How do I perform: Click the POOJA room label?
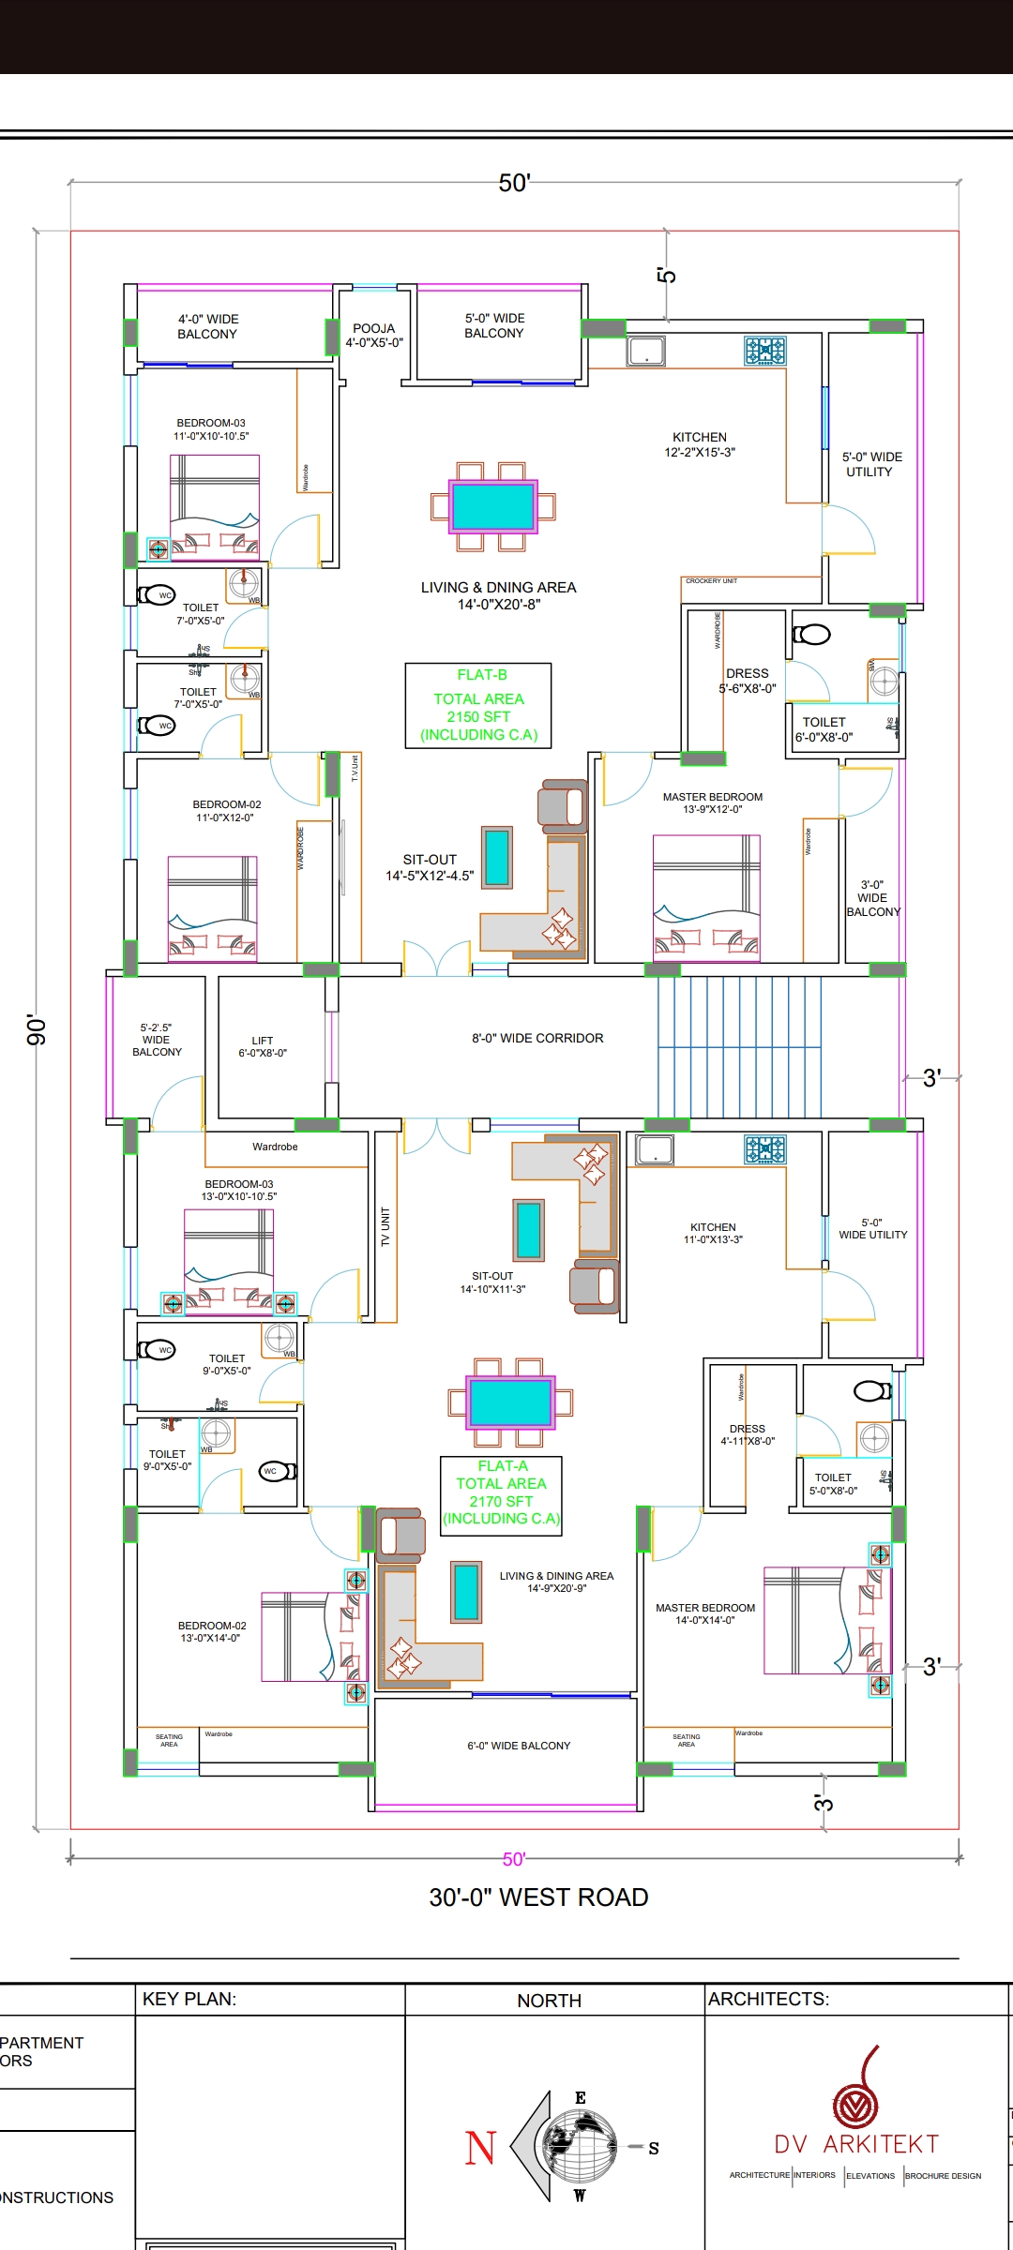(x=373, y=336)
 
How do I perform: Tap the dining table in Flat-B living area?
(x=492, y=506)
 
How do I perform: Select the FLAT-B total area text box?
(x=478, y=706)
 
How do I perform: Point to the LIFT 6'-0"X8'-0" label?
(x=263, y=1047)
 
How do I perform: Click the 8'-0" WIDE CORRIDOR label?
(x=537, y=1039)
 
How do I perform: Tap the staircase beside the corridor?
(x=739, y=1047)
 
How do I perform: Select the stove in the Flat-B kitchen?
(x=765, y=352)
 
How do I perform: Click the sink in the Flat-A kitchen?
(x=654, y=1149)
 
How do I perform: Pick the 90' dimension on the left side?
(x=36, y=1028)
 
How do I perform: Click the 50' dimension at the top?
(x=514, y=183)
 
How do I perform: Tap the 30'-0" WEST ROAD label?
(x=538, y=1897)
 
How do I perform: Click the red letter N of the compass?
(x=480, y=2147)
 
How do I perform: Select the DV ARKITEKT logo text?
(x=855, y=2144)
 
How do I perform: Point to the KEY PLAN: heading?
(x=189, y=2000)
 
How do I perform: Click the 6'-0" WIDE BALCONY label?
(x=519, y=1746)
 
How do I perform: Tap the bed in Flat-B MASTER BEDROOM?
(x=706, y=897)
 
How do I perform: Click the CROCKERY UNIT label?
(x=711, y=581)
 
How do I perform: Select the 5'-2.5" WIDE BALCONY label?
(x=157, y=1040)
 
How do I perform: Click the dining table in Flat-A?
(x=510, y=1402)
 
